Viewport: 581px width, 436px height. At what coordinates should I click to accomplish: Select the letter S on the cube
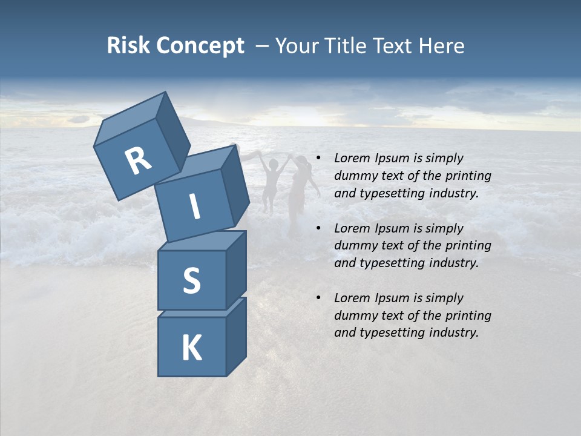coord(191,280)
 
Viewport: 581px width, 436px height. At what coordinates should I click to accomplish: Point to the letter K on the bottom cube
coord(191,348)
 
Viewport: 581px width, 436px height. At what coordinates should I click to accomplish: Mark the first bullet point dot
coord(318,159)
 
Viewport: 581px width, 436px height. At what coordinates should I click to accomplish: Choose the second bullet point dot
coord(318,228)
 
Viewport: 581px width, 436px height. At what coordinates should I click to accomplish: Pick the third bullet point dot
coord(318,298)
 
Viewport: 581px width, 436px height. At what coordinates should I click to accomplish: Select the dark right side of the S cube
coord(236,269)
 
